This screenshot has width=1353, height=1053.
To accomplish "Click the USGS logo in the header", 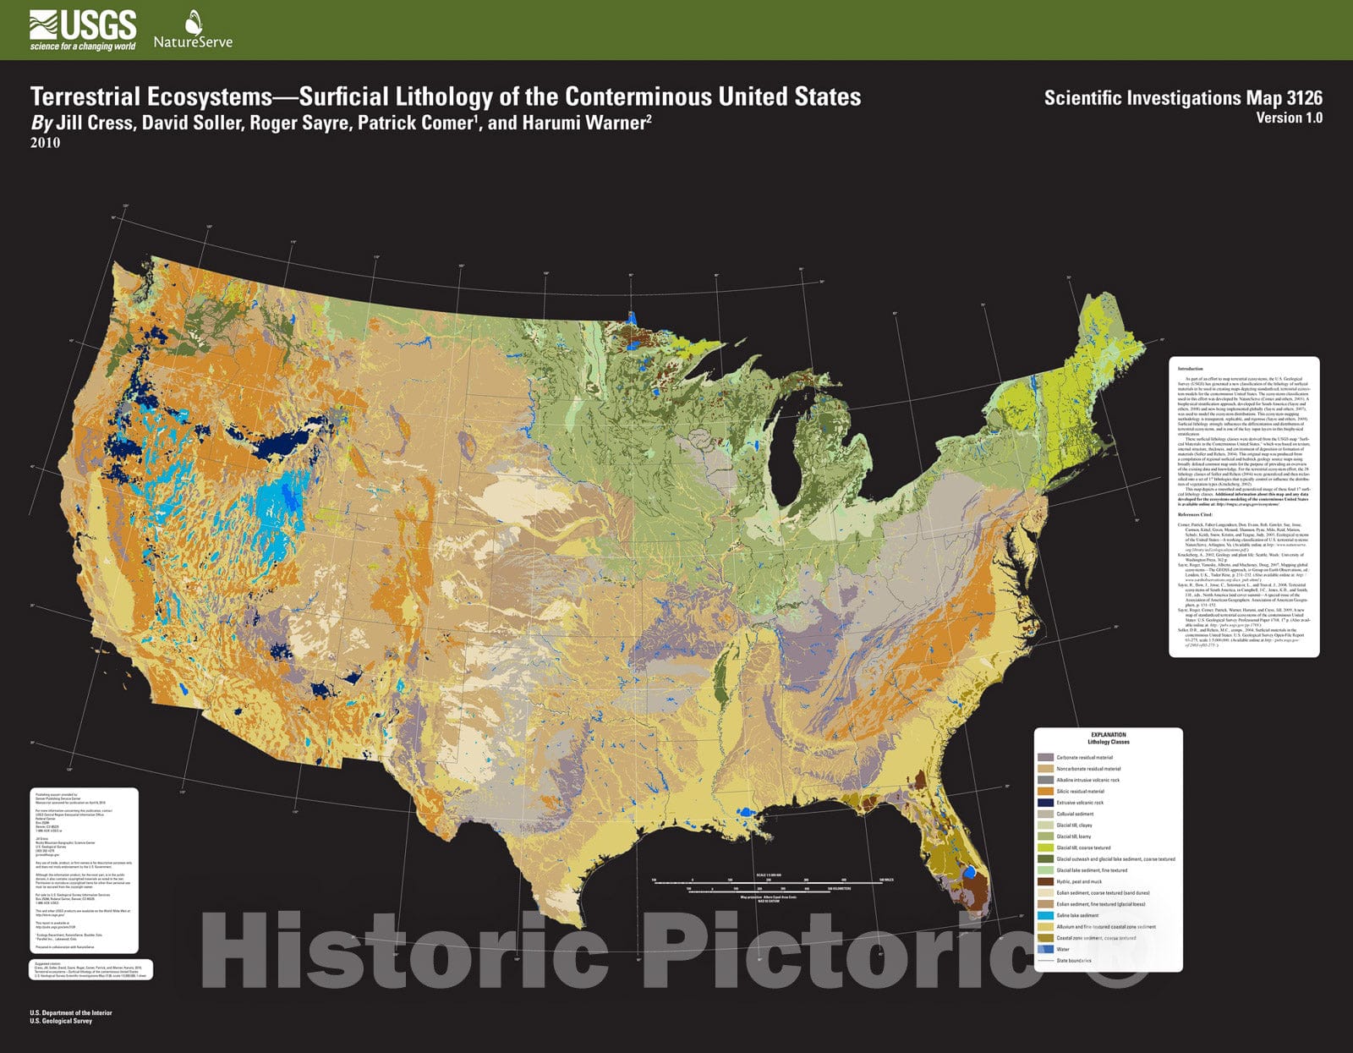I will (x=82, y=30).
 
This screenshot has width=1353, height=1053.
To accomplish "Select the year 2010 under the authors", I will (x=45, y=143).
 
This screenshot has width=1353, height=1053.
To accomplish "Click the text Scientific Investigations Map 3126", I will (x=1182, y=97).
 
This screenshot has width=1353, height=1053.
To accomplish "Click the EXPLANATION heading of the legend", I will (x=1108, y=735).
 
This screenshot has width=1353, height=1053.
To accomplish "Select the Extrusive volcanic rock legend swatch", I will (x=1045, y=803).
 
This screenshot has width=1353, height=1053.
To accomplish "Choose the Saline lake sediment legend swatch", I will (x=1045, y=915).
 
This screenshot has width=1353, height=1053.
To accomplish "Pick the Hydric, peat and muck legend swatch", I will (x=1045, y=881).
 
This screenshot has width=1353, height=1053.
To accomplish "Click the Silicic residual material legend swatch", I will (x=1045, y=792).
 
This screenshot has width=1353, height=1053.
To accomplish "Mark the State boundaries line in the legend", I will (x=1045, y=961).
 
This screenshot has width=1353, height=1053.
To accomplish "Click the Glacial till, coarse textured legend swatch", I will (x=1045, y=847).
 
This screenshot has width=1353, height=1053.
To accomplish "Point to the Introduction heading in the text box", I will (x=1190, y=369).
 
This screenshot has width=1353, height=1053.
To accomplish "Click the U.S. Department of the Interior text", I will (x=70, y=1012).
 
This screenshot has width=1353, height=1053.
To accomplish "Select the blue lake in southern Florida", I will (x=970, y=870).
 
